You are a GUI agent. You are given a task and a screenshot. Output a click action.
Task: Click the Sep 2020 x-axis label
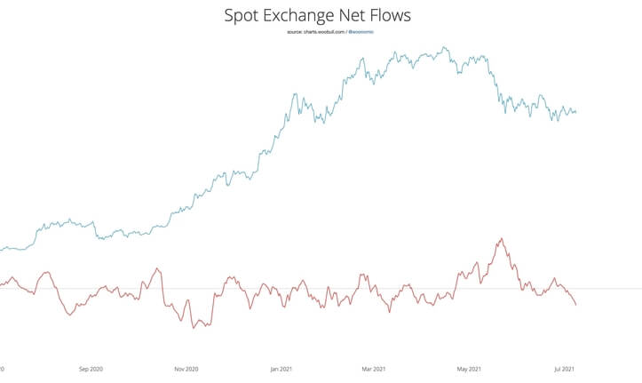coord(91,367)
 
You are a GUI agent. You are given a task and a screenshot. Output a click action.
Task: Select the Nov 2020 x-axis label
coord(186,367)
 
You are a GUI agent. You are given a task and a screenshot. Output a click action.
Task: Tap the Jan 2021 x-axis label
coord(281,367)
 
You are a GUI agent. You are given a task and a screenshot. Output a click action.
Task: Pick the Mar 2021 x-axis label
coord(374,367)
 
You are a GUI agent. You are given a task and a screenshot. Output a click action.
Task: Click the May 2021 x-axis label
coord(469,367)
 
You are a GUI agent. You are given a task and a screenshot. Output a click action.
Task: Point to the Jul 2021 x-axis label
coord(565,367)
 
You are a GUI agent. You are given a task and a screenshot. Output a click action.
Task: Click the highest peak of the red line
coord(502,238)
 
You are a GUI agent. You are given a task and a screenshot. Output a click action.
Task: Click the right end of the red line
coord(576,306)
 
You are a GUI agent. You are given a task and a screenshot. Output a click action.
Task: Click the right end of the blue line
coord(576,112)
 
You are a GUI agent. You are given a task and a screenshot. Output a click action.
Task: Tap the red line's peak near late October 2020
coord(157,268)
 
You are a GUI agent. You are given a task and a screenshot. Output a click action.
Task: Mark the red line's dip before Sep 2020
coord(68,314)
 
